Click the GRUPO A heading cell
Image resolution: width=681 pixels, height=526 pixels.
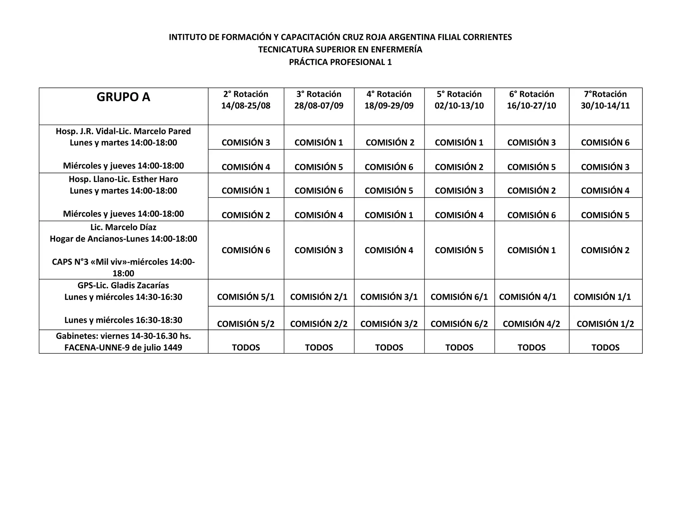click(123, 97)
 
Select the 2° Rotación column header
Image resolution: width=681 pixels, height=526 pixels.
click(246, 94)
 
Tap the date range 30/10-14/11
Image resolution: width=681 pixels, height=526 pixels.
click(605, 106)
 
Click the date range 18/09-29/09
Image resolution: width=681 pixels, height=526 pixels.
click(389, 106)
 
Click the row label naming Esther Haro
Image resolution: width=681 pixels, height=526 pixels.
click(123, 179)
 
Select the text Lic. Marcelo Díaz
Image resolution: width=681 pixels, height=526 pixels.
click(123, 227)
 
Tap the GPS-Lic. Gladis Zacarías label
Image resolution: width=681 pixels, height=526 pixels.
click(123, 286)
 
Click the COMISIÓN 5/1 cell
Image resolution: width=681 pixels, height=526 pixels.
click(246, 297)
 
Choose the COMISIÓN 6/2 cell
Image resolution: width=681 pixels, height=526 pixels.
click(459, 324)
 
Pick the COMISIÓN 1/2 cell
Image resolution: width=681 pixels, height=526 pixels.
click(605, 324)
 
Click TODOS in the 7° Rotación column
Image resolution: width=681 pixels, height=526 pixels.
click(605, 347)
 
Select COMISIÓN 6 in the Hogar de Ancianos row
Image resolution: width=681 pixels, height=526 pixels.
click(246, 250)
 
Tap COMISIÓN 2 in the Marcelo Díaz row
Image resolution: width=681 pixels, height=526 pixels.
click(605, 250)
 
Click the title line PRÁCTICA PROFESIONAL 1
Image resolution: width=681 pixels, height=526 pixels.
click(340, 62)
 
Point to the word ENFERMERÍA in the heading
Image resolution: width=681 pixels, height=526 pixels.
click(396, 50)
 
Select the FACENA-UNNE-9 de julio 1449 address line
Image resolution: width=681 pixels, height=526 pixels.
click(123, 348)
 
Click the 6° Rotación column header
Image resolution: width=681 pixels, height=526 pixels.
click(531, 94)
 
